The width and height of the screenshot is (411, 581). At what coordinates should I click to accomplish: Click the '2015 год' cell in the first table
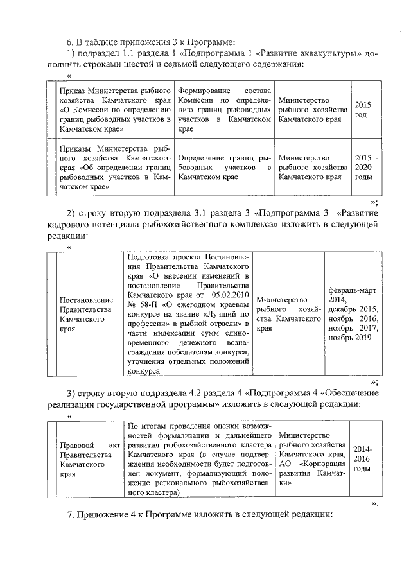pos(362,109)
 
